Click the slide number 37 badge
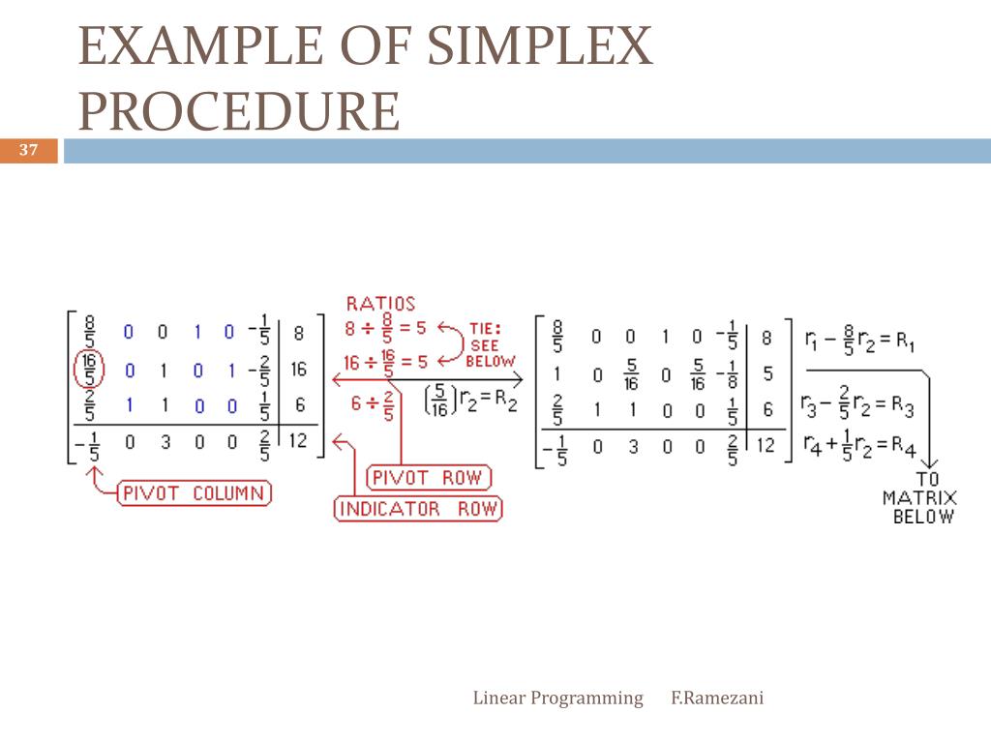tap(28, 150)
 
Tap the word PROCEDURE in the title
tap(239, 111)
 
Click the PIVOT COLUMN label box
tap(194, 493)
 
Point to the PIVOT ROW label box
tap(429, 478)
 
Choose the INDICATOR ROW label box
tap(418, 509)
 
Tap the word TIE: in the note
tap(485, 328)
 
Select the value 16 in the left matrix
tap(298, 370)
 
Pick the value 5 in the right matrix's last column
tap(766, 372)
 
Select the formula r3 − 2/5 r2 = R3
tap(857, 406)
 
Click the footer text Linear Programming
tap(557, 698)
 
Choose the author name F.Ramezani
tap(717, 698)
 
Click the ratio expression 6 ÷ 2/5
tap(371, 405)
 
